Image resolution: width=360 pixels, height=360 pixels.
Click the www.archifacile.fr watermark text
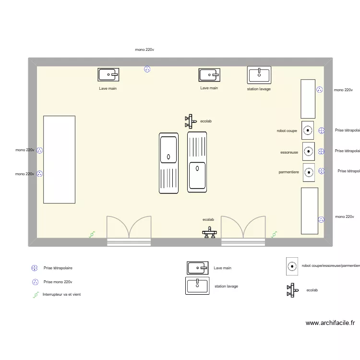point(330,323)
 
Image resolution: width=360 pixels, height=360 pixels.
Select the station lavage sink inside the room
point(259,75)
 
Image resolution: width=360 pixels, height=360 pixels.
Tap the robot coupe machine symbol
point(308,130)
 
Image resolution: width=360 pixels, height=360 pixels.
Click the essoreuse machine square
point(308,151)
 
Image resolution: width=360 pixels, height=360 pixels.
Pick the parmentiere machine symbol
point(309,172)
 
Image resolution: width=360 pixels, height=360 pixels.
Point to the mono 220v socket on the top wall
point(147,69)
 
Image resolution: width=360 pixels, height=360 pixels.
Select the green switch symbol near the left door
point(92,234)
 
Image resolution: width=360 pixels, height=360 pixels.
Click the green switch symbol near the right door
point(274,234)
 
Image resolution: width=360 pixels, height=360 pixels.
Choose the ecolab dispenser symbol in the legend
point(291,290)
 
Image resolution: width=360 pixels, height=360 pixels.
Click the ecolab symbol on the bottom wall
point(209,233)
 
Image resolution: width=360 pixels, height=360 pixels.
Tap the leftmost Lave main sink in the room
point(108,74)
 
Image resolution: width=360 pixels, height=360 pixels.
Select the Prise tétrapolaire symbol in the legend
point(35,268)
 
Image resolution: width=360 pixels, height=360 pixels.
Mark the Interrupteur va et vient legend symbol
point(35,295)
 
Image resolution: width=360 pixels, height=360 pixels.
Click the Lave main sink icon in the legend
point(197,268)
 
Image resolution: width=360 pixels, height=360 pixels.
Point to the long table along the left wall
point(59,159)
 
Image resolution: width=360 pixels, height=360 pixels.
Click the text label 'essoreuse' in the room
point(289,153)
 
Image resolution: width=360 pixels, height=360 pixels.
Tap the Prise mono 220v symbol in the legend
point(35,282)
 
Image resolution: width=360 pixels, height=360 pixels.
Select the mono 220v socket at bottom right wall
point(321,219)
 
